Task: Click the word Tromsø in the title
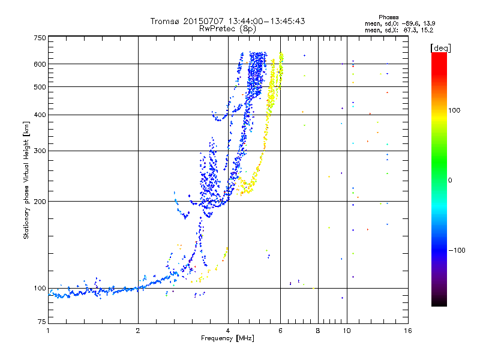click(166, 21)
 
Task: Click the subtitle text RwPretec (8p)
click(227, 29)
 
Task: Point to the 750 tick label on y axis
click(40, 38)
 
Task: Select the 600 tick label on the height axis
click(40, 64)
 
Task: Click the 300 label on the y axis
click(40, 151)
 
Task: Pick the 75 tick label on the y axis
click(42, 322)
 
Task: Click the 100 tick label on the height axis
click(40, 289)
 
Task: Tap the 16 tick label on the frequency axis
click(408, 331)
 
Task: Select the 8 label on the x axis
click(318, 331)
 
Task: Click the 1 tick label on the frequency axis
click(48, 331)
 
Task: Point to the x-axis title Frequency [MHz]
click(227, 338)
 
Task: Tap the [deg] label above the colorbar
click(440, 49)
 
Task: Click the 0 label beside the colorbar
click(450, 181)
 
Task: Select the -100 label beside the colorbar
click(457, 250)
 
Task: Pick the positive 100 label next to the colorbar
click(454, 110)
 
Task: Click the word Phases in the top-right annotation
click(388, 17)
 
